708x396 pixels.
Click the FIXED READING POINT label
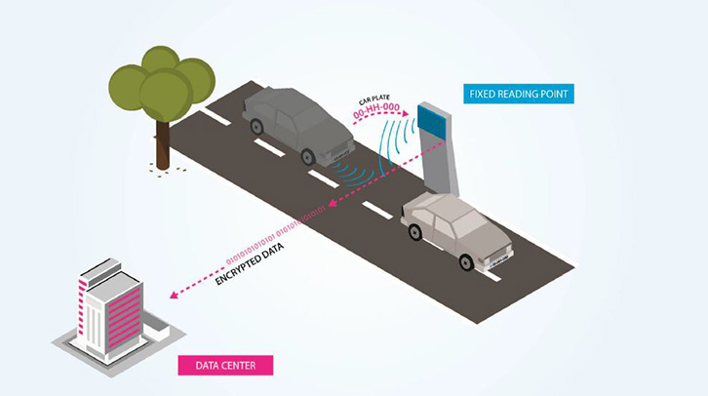518,95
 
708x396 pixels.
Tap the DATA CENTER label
225,366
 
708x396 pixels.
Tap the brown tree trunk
163,140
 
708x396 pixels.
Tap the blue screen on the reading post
432,122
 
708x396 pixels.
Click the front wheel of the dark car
310,154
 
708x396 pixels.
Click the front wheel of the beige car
466,260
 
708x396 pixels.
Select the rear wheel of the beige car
414,231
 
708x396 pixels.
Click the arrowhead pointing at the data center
172,296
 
